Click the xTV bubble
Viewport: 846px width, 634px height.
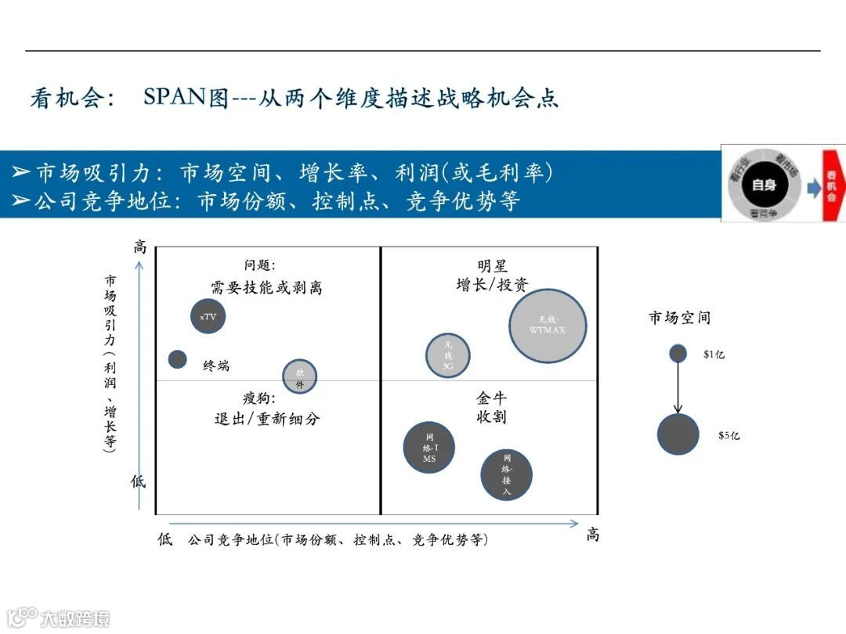pos(208,316)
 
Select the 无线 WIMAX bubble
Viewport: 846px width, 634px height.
pos(548,326)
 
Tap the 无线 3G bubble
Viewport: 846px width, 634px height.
pos(448,355)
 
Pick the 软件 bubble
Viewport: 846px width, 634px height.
pos(299,376)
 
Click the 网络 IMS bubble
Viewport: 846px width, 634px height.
pos(429,447)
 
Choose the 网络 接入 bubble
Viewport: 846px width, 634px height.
pos(507,474)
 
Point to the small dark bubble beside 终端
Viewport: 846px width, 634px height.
pos(178,359)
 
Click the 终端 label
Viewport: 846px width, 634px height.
pos(216,366)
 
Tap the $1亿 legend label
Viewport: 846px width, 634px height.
pos(714,355)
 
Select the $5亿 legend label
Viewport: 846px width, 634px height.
pos(728,435)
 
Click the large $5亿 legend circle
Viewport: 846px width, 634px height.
pos(678,434)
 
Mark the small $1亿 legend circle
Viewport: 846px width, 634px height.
pos(678,354)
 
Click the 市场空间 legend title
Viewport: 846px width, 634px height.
pos(679,318)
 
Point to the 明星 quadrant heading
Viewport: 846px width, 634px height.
pos(492,267)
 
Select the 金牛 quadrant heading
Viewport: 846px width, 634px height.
pos(491,398)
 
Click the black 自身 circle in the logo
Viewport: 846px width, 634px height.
pos(764,186)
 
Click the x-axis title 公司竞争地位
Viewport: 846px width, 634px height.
pos(230,539)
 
